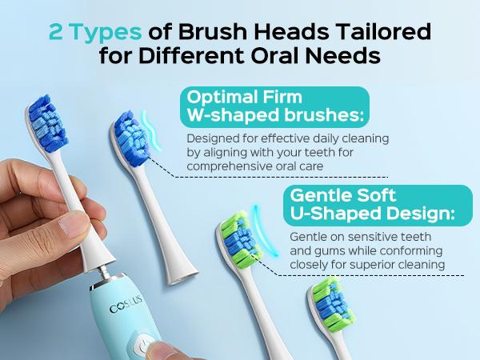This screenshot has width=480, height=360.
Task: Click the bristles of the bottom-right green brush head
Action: tap(330, 302)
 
